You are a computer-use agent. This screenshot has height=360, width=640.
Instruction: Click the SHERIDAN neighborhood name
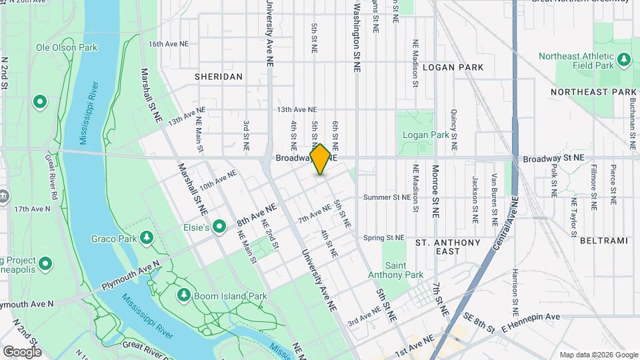click(x=219, y=77)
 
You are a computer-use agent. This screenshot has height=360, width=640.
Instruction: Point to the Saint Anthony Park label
click(x=405, y=270)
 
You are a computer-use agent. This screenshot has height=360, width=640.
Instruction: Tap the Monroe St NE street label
click(x=435, y=191)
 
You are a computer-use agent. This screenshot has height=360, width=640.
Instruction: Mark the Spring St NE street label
click(x=384, y=237)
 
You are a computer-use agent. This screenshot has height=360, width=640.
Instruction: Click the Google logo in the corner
click(x=22, y=352)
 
